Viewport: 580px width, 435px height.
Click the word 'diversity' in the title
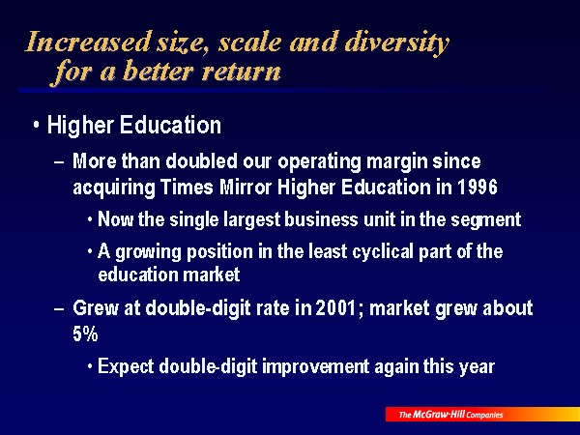[397, 43]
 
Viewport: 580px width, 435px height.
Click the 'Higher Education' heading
[134, 125]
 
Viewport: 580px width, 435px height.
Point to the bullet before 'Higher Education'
[36, 126]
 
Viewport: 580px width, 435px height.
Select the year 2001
[335, 308]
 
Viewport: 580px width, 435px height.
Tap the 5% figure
[85, 334]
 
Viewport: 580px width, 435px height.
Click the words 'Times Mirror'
[216, 187]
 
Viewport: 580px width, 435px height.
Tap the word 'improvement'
[315, 367]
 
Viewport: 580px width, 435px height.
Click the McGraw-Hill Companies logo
[482, 415]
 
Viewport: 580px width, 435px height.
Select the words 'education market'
[168, 275]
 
